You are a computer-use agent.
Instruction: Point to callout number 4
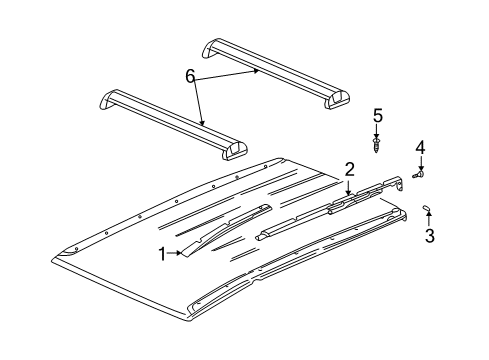(420, 147)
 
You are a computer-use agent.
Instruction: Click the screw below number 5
(377, 147)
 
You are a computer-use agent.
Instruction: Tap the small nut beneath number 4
(420, 176)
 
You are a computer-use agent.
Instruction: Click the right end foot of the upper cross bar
(340, 99)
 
